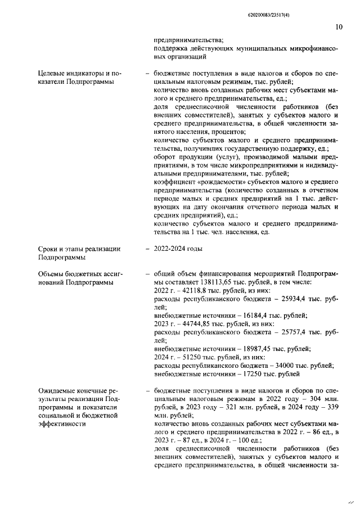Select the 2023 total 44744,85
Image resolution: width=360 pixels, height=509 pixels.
click(193, 324)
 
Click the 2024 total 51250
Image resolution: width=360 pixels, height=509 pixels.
click(185, 358)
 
